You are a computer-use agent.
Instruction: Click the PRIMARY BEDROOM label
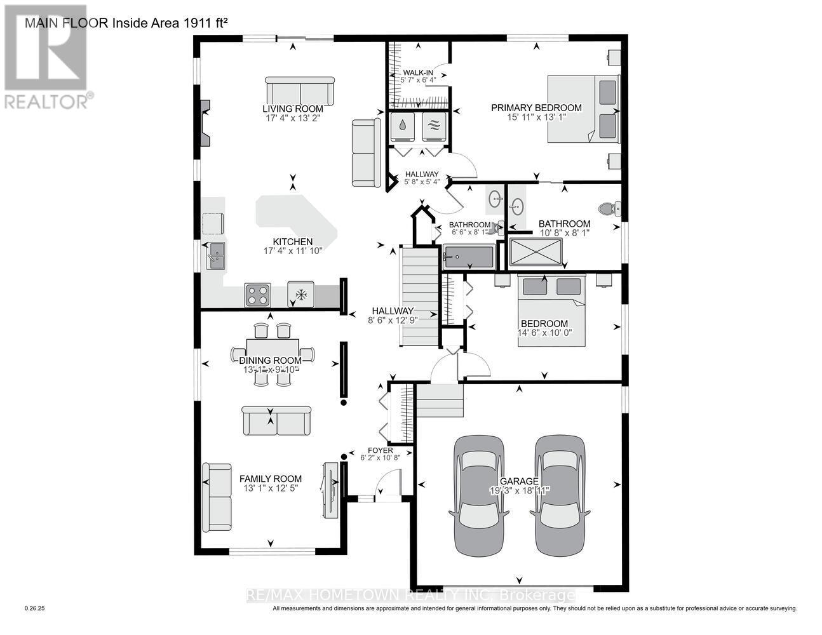tap(536, 108)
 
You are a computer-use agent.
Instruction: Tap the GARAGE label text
tap(518, 481)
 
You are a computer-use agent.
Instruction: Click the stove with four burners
tap(257, 295)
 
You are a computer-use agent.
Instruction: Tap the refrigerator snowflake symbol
tap(301, 295)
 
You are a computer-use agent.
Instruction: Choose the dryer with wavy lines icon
tap(433, 126)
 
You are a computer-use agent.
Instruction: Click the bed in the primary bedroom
tap(584, 108)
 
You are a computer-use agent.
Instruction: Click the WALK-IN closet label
tap(417, 73)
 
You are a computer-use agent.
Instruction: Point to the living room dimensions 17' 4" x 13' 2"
tap(293, 118)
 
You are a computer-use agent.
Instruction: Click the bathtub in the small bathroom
tap(468, 258)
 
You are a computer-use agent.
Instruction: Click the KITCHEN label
tap(292, 241)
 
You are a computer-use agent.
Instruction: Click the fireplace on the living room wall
tap(205, 122)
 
